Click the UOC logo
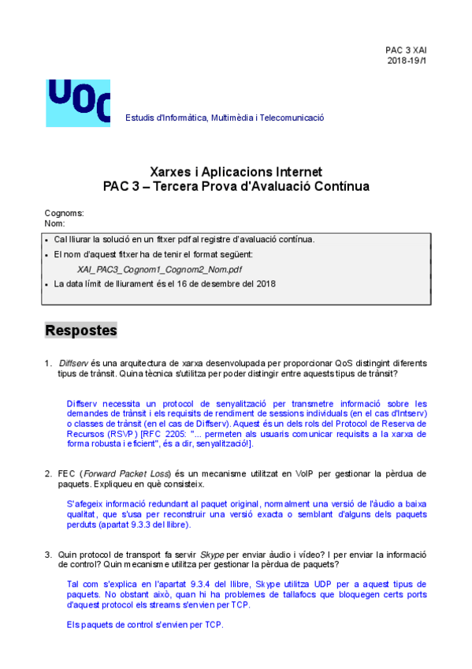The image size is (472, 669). pyautogui.click(x=78, y=103)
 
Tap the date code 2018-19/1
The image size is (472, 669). pyautogui.click(x=407, y=61)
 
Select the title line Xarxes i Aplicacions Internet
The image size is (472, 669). pyautogui.click(x=236, y=172)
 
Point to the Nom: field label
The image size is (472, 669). pyautogui.click(x=55, y=224)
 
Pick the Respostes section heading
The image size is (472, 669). pyautogui.click(x=81, y=331)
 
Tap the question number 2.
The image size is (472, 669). pyautogui.click(x=48, y=473)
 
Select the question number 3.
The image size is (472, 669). pyautogui.click(x=48, y=554)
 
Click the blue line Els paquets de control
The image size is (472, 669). pyautogui.click(x=145, y=625)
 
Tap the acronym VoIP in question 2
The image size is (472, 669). pyautogui.click(x=307, y=473)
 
